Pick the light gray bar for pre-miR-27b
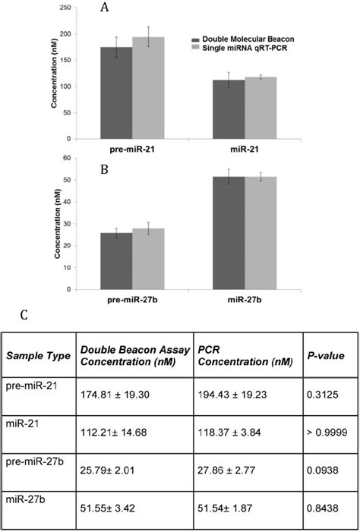[x=148, y=259]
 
